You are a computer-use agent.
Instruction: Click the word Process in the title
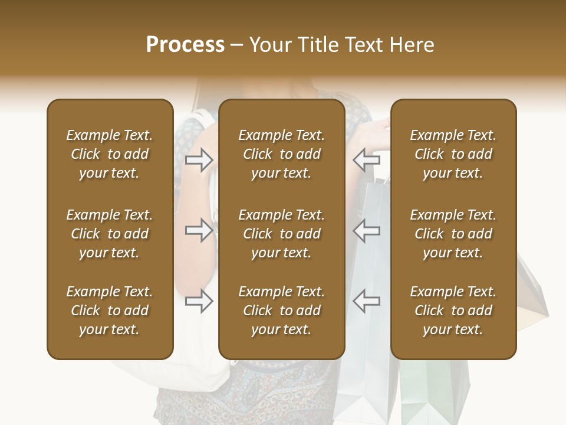tap(185, 45)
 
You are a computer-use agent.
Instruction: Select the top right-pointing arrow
tap(199, 159)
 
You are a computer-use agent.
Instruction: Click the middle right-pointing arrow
tap(199, 230)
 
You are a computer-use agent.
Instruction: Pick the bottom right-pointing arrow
tap(199, 301)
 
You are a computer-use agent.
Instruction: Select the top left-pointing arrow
tap(366, 159)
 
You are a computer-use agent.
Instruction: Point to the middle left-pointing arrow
tap(366, 230)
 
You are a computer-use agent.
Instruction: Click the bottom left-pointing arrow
tap(366, 301)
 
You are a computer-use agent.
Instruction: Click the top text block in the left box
tap(110, 154)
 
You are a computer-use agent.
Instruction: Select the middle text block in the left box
tap(110, 234)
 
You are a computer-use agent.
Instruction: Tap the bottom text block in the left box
tap(110, 310)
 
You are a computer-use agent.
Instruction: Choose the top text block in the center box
tap(281, 154)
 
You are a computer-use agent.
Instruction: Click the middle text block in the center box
tap(281, 234)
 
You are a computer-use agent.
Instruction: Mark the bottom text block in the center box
tap(281, 310)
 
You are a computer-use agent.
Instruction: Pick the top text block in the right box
tap(453, 154)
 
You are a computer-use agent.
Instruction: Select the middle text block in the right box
tap(453, 234)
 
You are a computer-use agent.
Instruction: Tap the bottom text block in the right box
tap(453, 310)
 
